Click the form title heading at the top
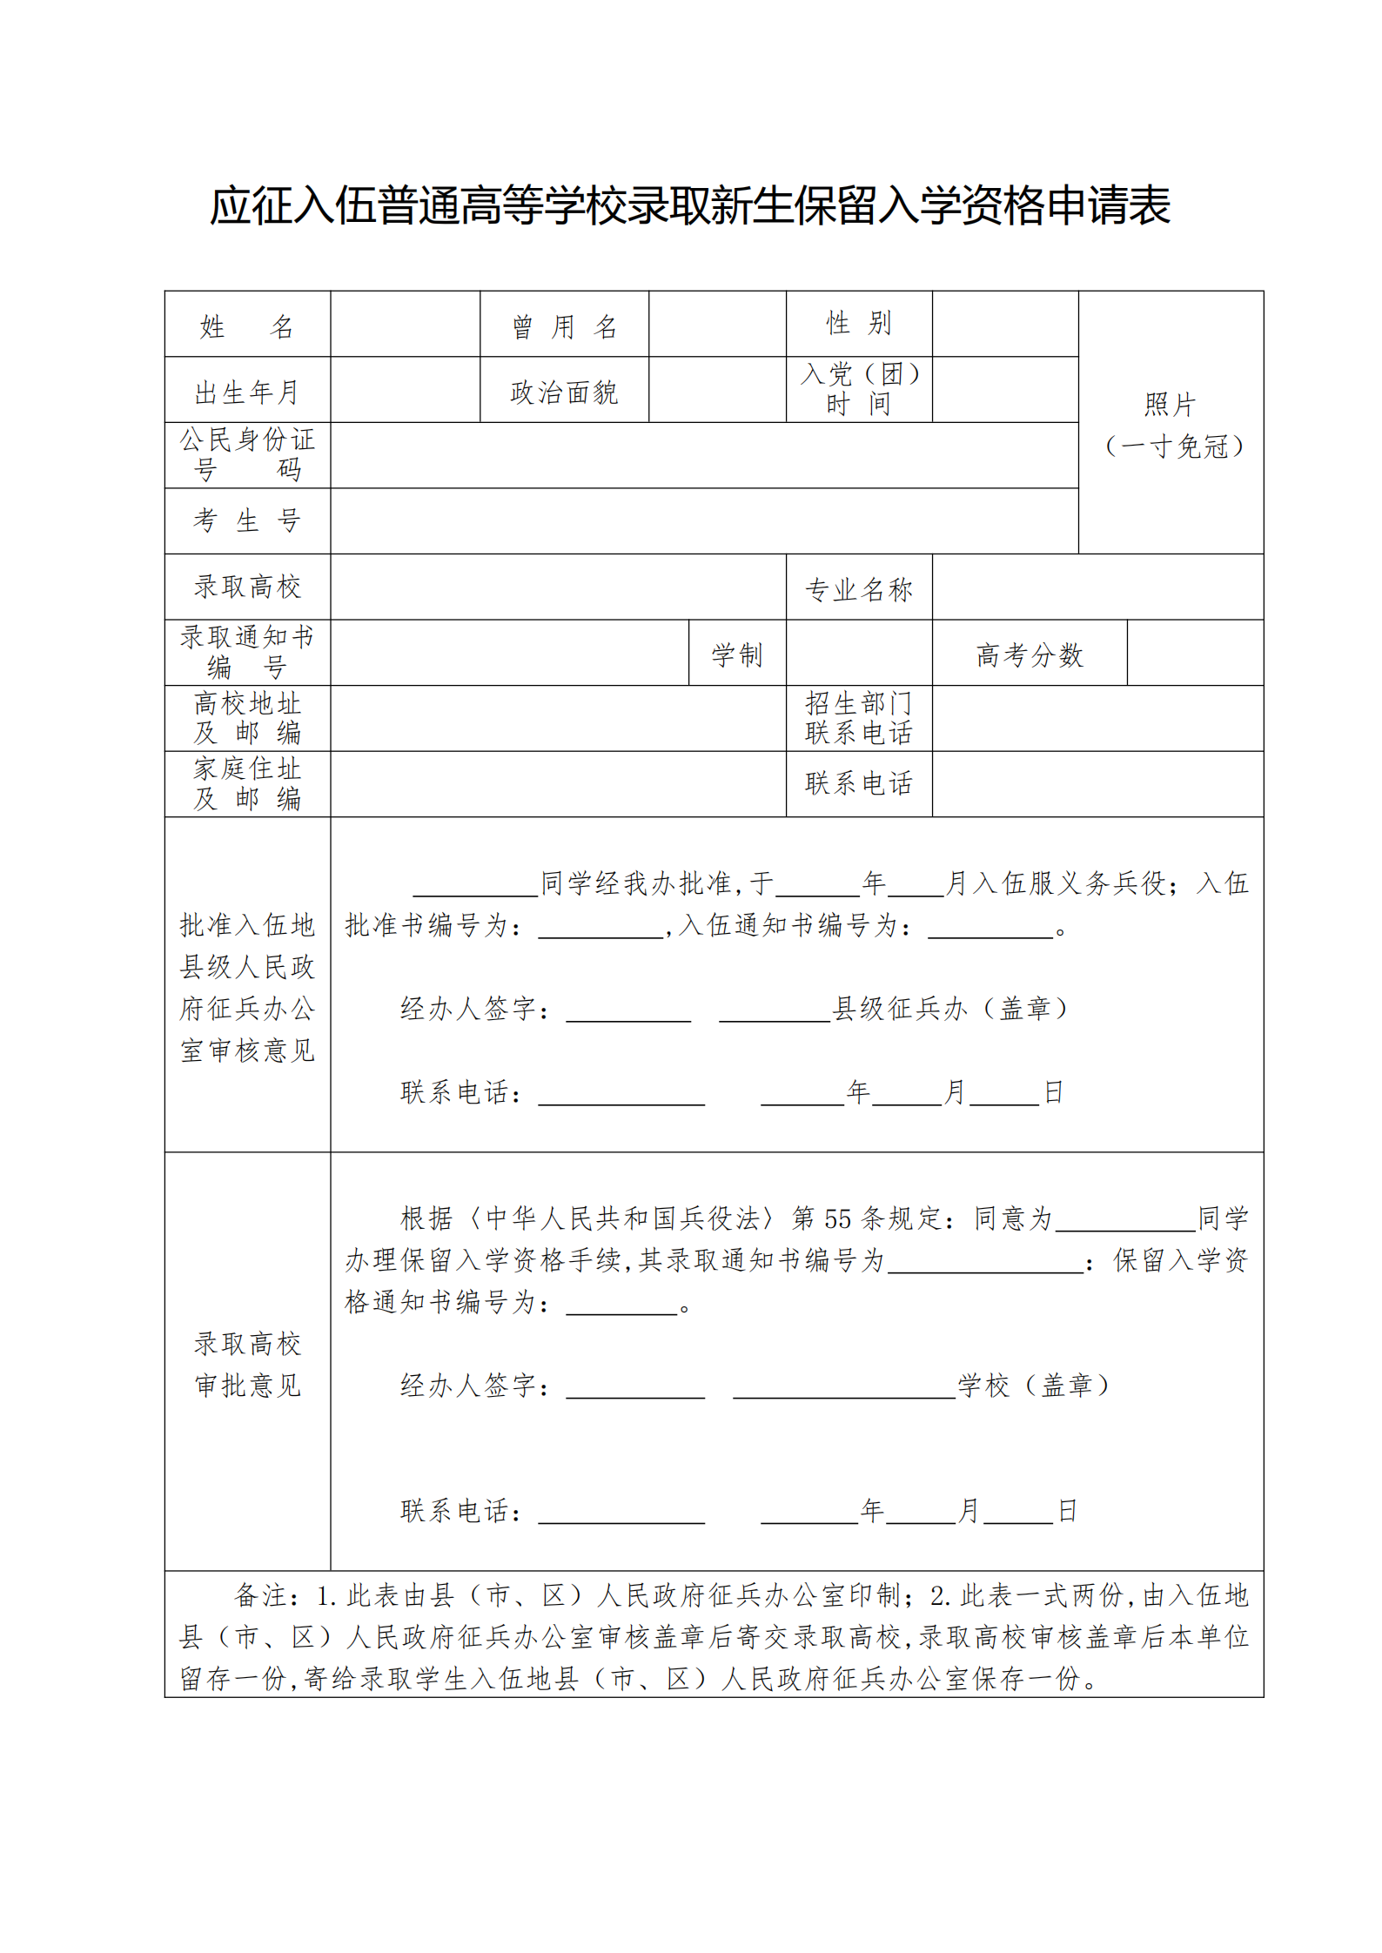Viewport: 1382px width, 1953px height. click(690, 206)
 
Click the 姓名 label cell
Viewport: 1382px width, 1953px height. click(247, 326)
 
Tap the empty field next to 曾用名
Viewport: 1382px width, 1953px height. click(717, 324)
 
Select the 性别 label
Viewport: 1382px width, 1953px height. click(858, 323)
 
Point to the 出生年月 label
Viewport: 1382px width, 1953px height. click(247, 393)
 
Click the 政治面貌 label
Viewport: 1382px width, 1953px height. click(564, 393)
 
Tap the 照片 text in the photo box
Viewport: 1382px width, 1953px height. click(1170, 405)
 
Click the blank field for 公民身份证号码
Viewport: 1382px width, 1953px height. click(703, 455)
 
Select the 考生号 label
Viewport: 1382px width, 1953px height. click(247, 520)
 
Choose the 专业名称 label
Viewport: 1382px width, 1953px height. click(858, 589)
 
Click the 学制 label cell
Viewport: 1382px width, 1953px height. click(736, 654)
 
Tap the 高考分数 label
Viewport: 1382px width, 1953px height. click(1029, 654)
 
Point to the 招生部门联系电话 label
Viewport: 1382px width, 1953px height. click(858, 718)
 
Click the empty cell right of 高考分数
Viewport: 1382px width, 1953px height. click(1194, 653)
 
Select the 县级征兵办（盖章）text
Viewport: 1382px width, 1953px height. click(950, 1008)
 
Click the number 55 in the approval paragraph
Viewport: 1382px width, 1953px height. click(836, 1218)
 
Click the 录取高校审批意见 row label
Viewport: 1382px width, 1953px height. click(247, 1364)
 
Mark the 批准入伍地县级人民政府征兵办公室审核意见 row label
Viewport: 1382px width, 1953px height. click(247, 987)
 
